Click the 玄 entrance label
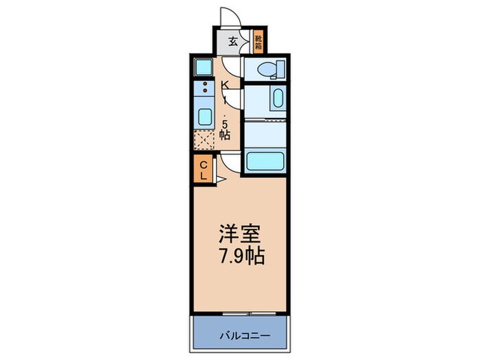click(x=233, y=42)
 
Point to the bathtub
click(x=265, y=162)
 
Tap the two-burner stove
click(x=204, y=87)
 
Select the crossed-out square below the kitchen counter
click(x=204, y=140)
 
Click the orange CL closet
click(x=203, y=169)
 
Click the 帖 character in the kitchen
click(x=224, y=135)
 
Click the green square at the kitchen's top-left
click(x=204, y=67)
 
